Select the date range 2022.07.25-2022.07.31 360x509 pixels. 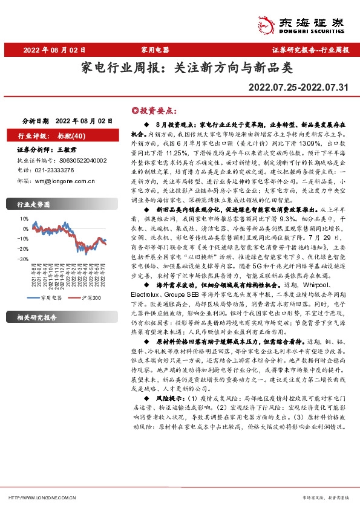point(298,88)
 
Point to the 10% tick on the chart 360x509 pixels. point(24,219)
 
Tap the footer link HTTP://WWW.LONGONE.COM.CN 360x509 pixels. point(41,498)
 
